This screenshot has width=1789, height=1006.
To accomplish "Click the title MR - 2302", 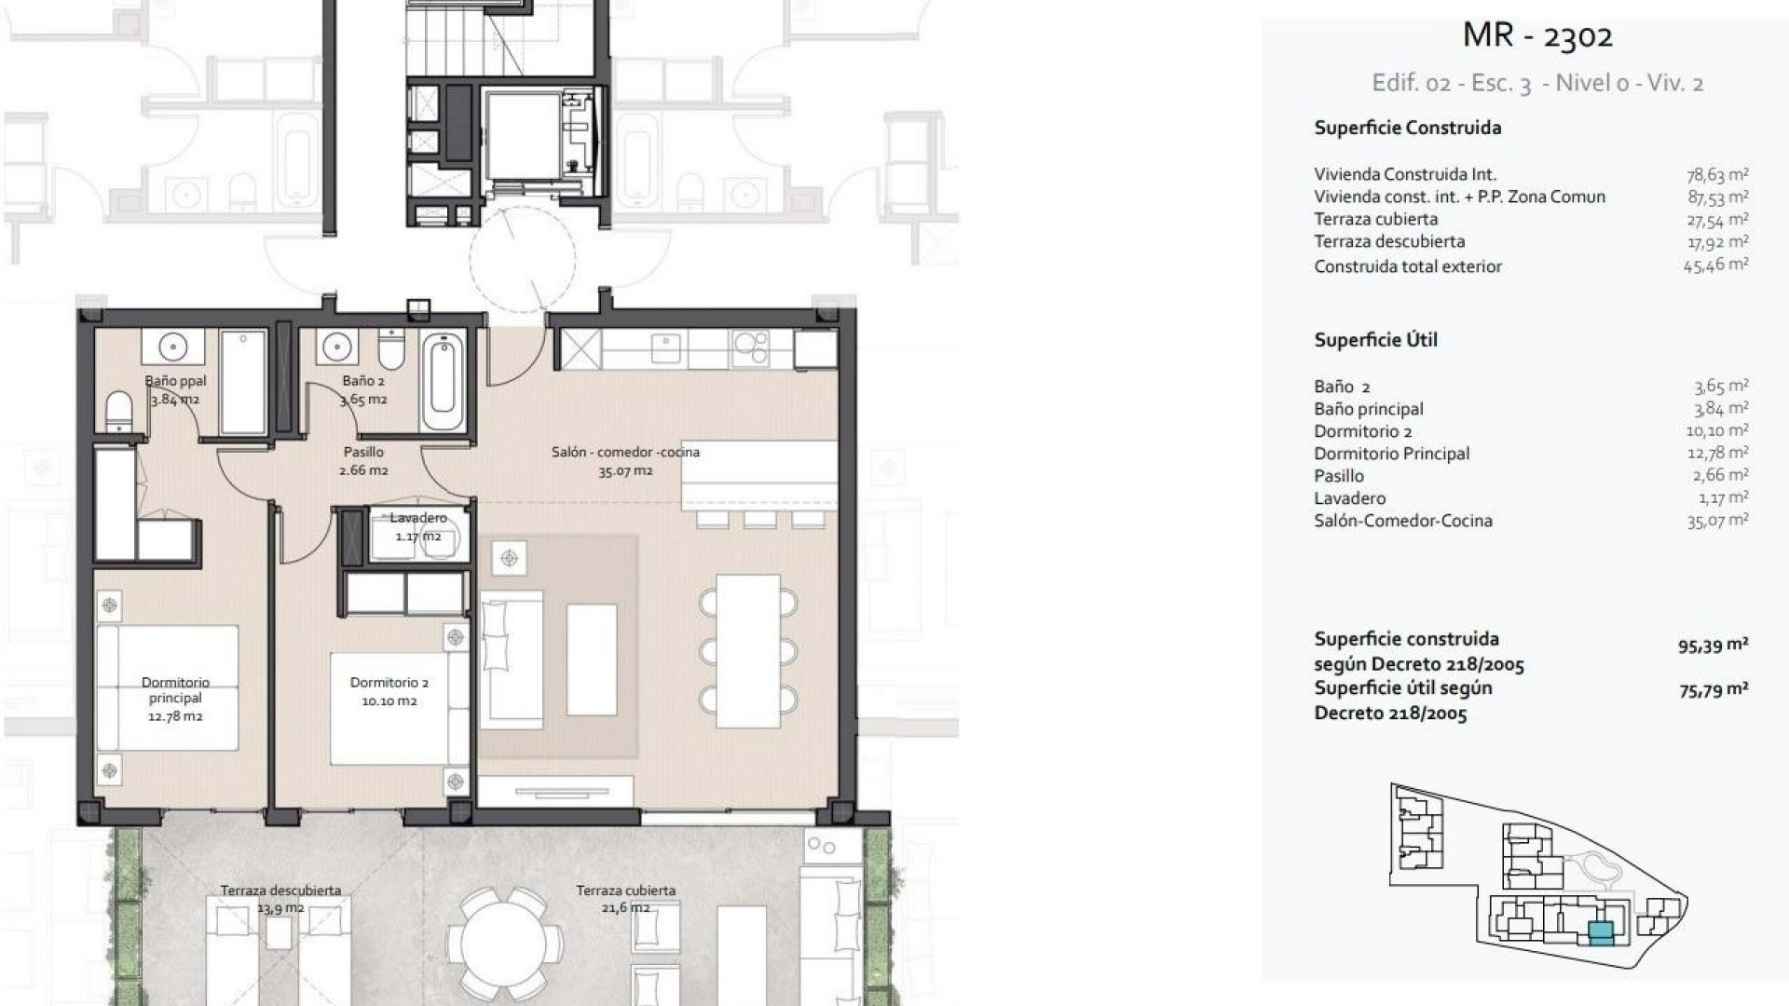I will (1537, 35).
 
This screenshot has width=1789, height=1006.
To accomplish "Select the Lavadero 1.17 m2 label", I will (417, 527).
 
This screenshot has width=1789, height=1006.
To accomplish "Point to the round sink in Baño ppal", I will (172, 348).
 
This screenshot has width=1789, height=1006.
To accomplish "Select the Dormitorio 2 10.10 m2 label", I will (389, 691).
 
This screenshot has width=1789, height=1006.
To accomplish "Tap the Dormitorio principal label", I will (175, 699).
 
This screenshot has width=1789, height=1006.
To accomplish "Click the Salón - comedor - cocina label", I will (624, 461).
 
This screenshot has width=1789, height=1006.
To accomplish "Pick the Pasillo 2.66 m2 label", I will (363, 461).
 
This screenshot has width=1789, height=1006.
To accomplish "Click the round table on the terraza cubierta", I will (504, 941).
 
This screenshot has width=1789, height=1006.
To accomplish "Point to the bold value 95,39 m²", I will (1713, 646).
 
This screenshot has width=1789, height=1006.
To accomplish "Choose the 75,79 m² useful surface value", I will (1713, 690).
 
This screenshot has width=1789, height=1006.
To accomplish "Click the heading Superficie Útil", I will (1375, 340).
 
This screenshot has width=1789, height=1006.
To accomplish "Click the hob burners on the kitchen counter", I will (750, 349).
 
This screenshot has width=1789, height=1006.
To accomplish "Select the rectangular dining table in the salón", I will (747, 651).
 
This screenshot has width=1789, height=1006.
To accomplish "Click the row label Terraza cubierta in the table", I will (1375, 219).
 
